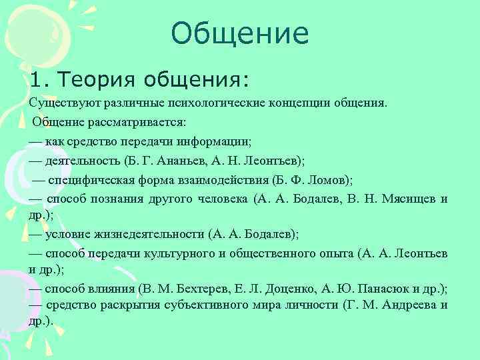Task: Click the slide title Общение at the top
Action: (x=239, y=33)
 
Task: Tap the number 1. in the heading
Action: (x=39, y=81)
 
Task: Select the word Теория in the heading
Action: (x=92, y=81)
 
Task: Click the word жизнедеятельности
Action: (x=149, y=235)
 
